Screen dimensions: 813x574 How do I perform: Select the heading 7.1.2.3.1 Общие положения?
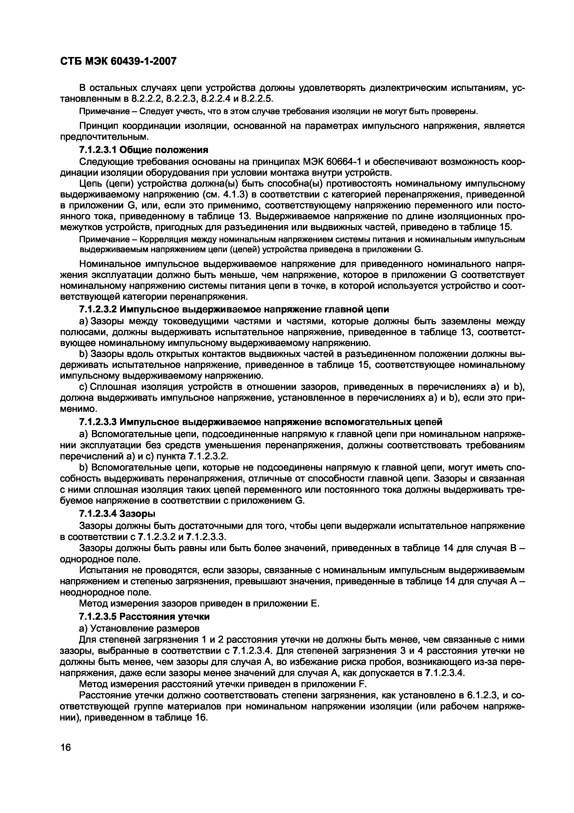[144, 150]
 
